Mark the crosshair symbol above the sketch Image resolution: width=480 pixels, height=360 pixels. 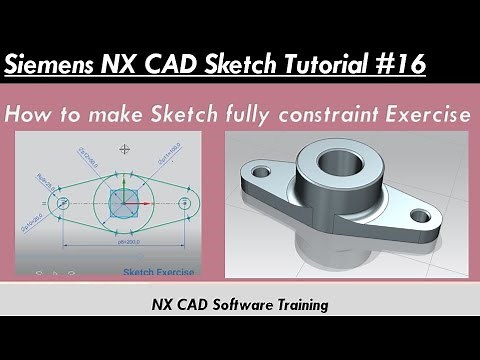pos(124,150)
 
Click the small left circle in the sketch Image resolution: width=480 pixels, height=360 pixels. pos(62,203)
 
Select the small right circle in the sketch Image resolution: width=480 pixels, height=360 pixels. pos(185,203)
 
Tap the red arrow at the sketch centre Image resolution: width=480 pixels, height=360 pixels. pos(141,203)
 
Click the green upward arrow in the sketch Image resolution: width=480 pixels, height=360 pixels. pos(124,188)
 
